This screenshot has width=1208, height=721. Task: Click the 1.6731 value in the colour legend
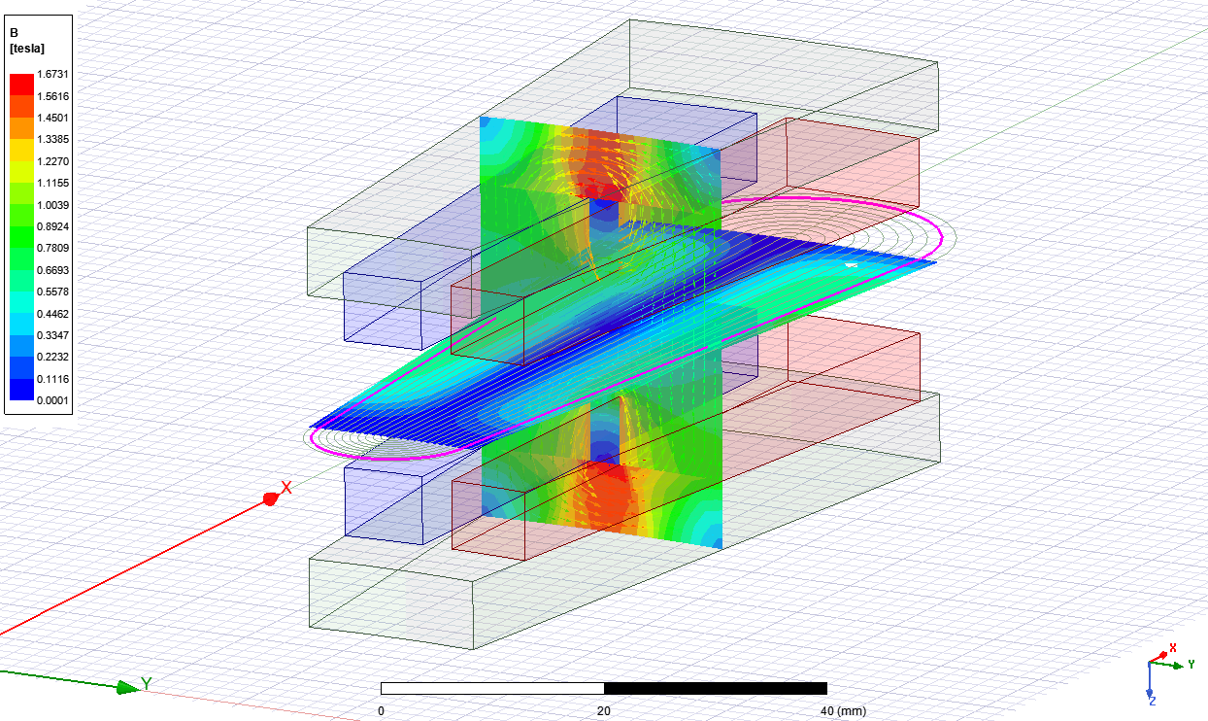52,74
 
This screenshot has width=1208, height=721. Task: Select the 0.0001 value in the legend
52,400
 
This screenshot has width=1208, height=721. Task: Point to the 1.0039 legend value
52,205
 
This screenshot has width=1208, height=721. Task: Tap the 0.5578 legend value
52,292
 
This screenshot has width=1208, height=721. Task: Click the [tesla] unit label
27,49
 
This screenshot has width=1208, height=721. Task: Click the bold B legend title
14,33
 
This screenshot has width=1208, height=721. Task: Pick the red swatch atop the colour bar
21,85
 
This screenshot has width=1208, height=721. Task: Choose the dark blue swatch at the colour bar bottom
21,390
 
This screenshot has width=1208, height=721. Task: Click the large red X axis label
286,488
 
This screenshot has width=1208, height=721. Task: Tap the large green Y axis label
147,684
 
